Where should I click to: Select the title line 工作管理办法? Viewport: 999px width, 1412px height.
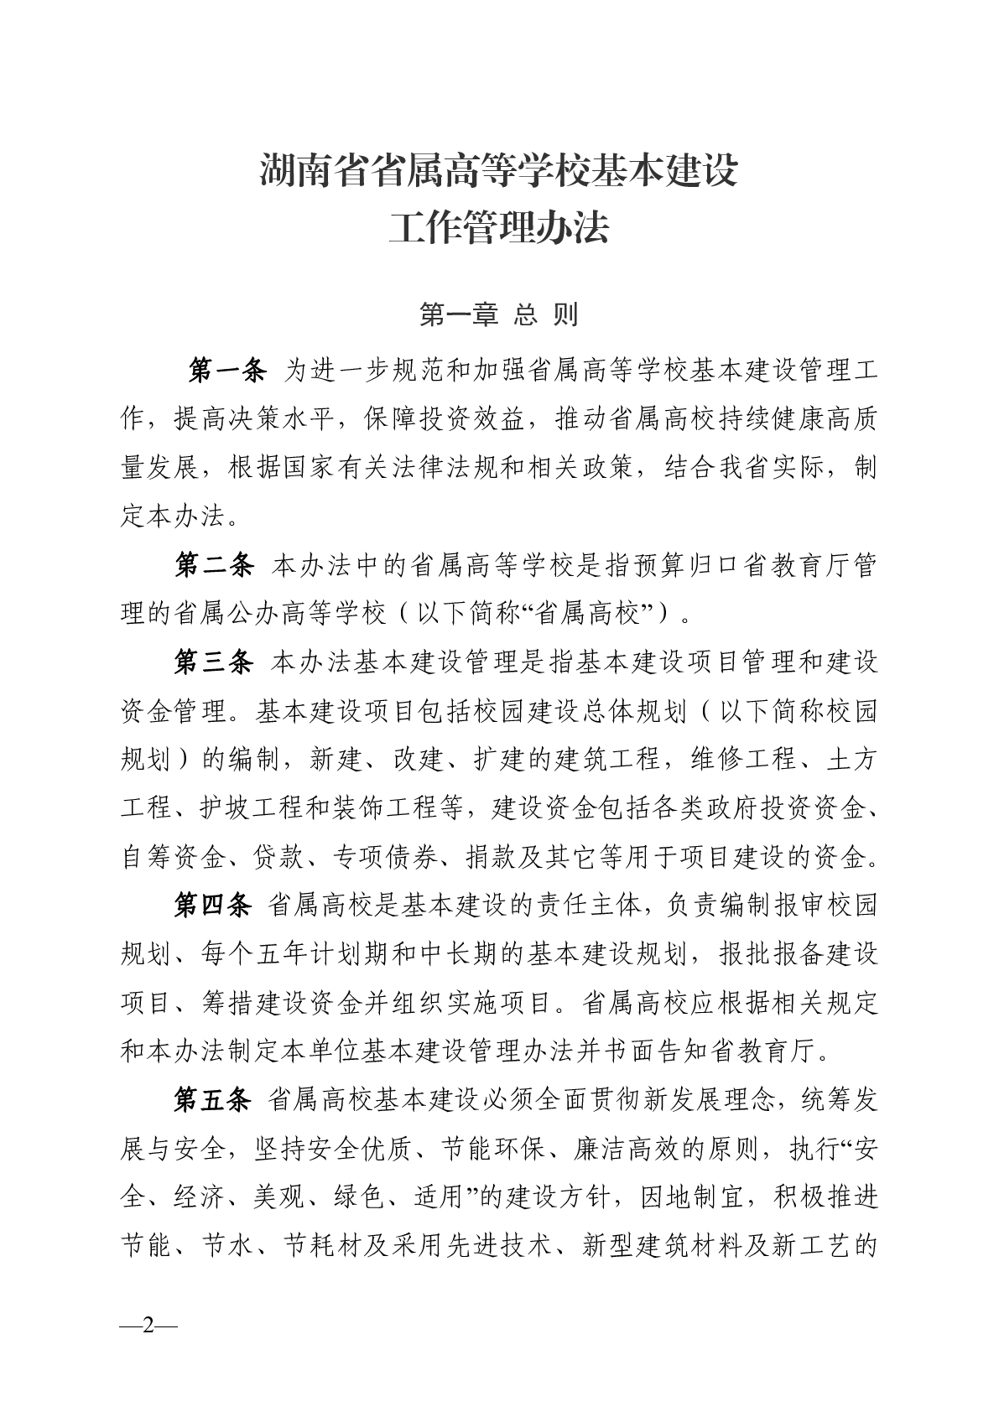[499, 228]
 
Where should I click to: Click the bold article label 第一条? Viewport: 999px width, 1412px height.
[227, 370]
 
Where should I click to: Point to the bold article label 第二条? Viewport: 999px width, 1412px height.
[214, 566]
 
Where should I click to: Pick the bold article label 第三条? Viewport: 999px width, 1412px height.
[214, 663]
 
